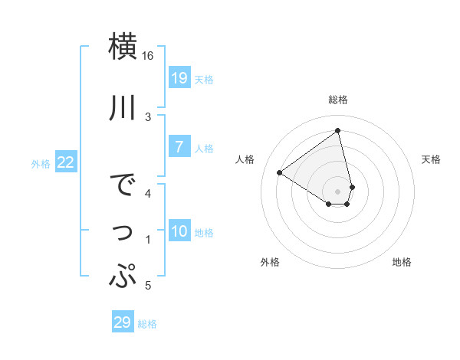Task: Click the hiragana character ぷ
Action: [x=123, y=275]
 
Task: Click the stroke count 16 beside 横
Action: [x=148, y=56]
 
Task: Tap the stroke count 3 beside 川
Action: [x=148, y=116]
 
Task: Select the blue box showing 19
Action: [x=179, y=78]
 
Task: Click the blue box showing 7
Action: [x=179, y=147]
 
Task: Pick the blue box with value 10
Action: [x=179, y=231]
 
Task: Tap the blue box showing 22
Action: [x=66, y=162]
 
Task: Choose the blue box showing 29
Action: [x=122, y=322]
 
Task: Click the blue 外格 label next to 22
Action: [x=41, y=163]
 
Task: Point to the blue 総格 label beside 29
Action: [x=147, y=324]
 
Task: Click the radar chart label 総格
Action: [x=337, y=100]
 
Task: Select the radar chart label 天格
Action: [x=431, y=159]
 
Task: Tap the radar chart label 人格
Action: [x=245, y=159]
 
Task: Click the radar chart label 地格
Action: [x=402, y=262]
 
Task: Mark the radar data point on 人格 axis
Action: [x=280, y=172]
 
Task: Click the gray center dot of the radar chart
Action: [x=337, y=191]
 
